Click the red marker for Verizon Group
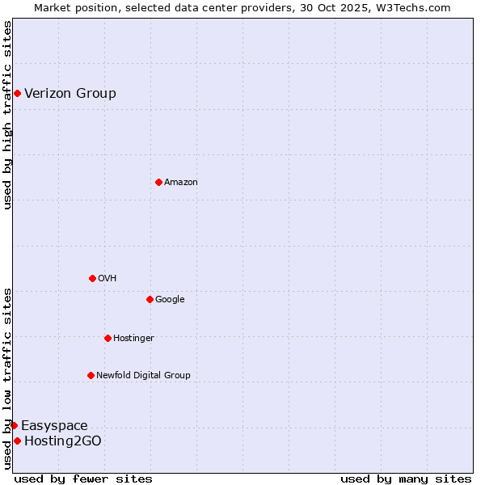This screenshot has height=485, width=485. click(x=17, y=94)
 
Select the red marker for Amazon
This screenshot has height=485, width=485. click(x=158, y=183)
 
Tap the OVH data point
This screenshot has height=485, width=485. click(x=92, y=279)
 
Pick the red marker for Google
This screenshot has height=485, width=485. click(x=150, y=300)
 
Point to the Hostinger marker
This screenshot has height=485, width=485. click(x=108, y=338)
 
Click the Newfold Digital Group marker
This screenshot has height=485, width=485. click(x=91, y=375)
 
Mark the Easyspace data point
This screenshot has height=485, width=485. click(x=14, y=425)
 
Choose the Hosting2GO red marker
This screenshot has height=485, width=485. click(x=17, y=441)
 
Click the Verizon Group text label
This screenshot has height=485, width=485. click(x=70, y=94)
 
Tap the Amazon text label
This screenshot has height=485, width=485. click(x=181, y=183)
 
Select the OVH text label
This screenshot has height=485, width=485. click(x=108, y=279)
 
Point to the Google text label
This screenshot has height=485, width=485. click(x=170, y=300)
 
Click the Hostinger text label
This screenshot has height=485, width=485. click(x=133, y=338)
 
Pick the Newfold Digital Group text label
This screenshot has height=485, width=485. click(x=143, y=375)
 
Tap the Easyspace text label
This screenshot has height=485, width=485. click(x=54, y=426)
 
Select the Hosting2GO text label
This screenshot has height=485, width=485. click(x=63, y=441)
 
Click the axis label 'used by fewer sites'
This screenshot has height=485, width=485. click(x=83, y=479)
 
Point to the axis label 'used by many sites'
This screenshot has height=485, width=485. click(x=406, y=479)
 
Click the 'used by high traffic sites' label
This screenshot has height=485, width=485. click(x=7, y=115)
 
